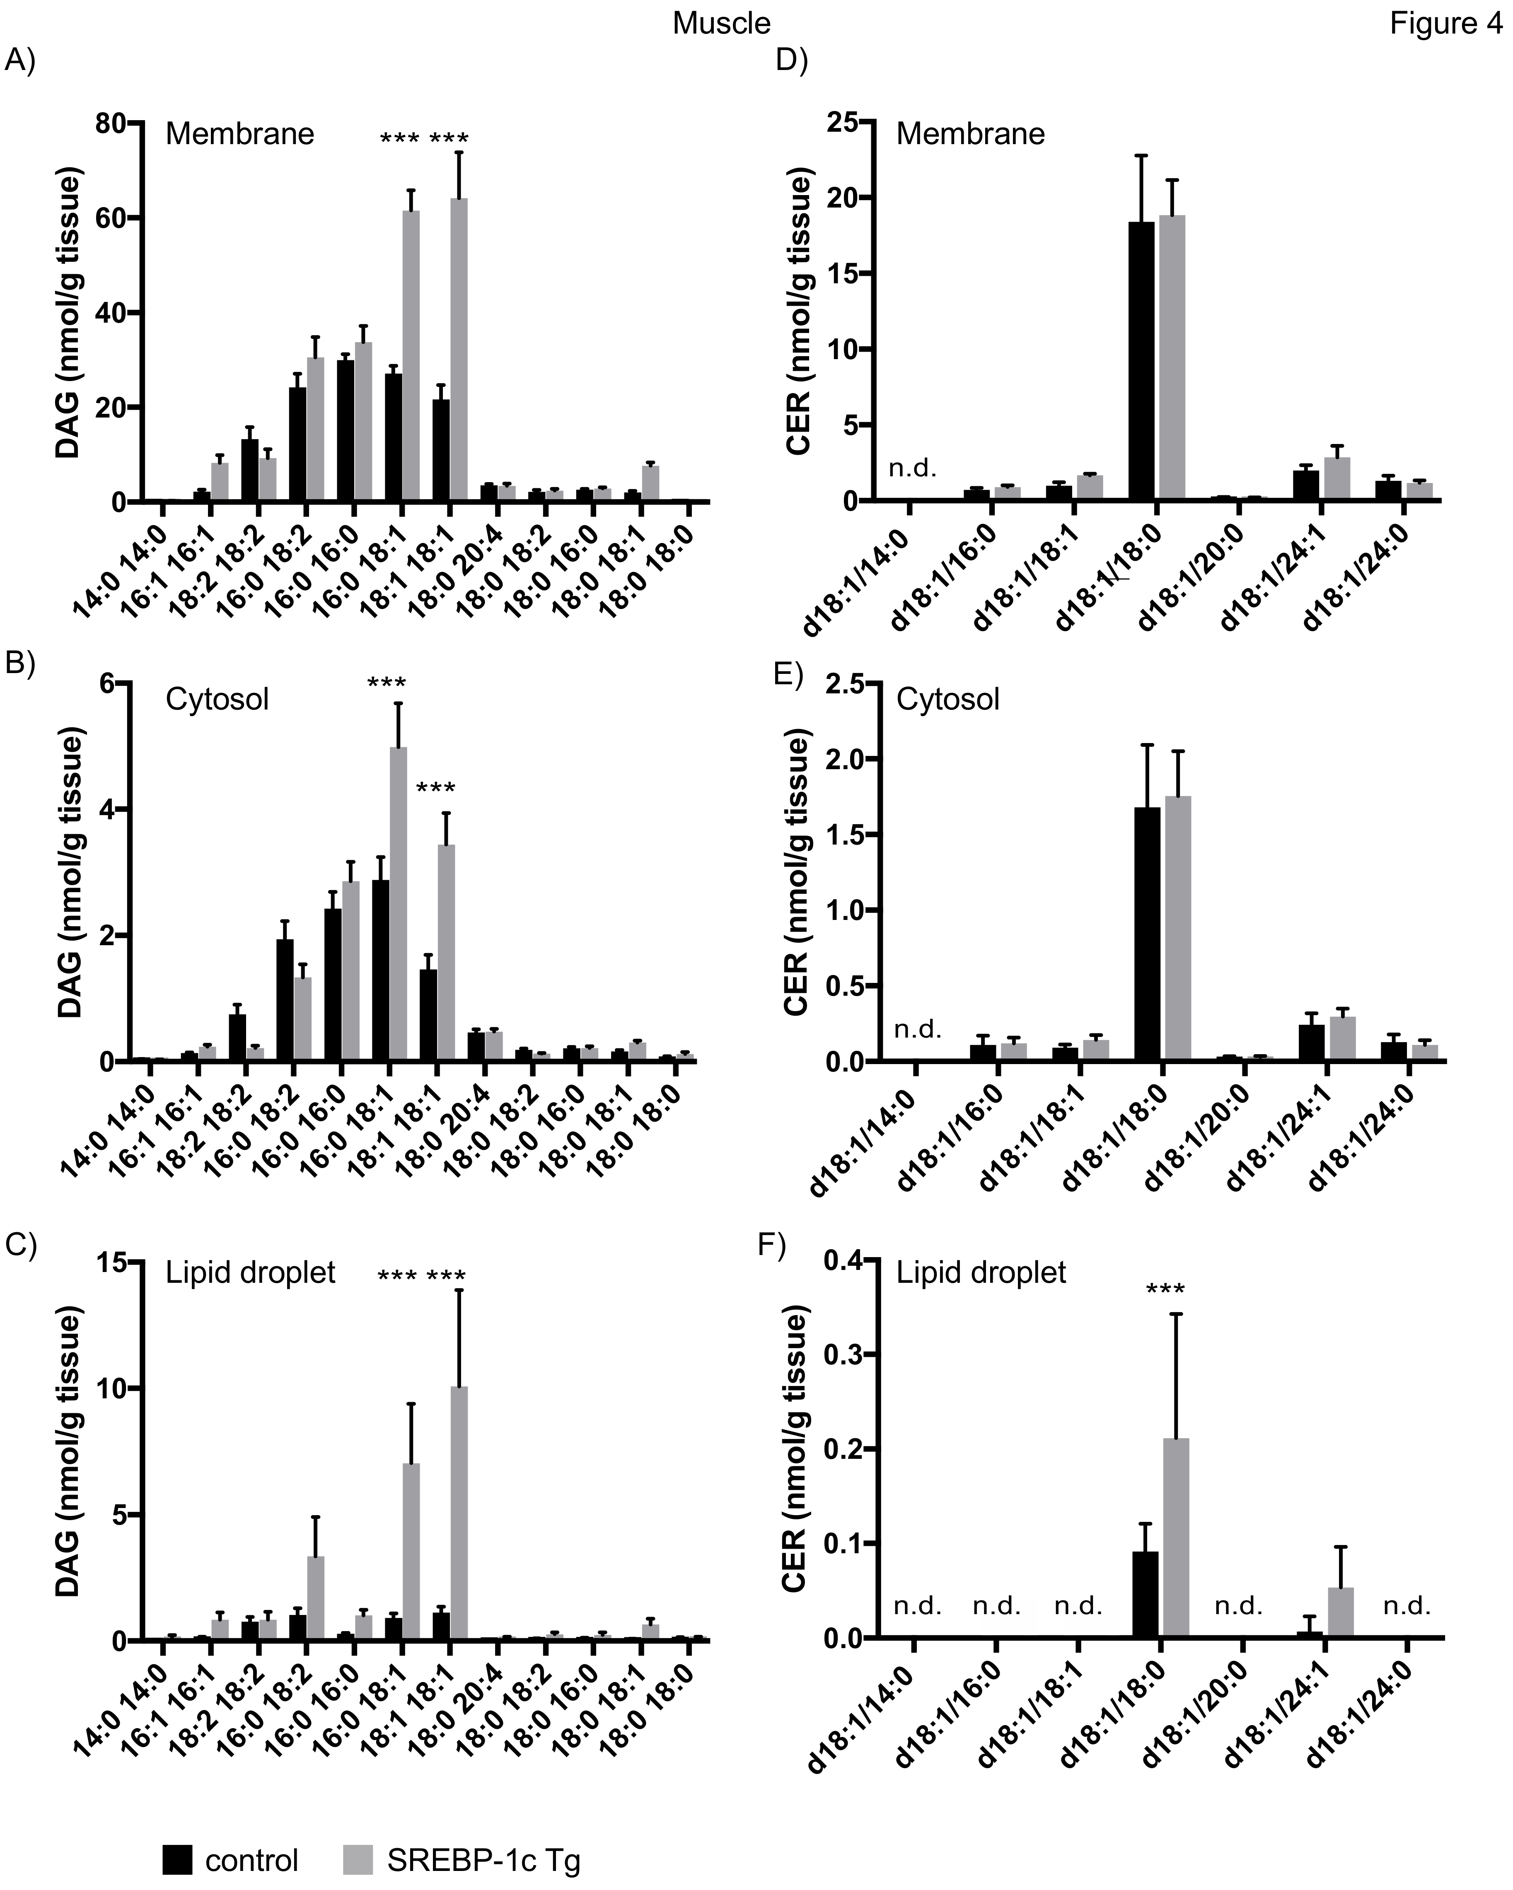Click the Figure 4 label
coord(1445,24)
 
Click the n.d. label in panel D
coord(913,468)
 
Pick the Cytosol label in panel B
coord(217,700)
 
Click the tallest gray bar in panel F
coord(1175,1538)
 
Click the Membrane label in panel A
coord(239,134)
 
